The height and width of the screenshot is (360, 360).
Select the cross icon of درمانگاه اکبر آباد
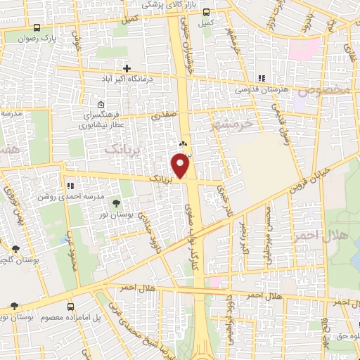127,68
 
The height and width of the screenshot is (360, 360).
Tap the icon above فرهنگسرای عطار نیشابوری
101,105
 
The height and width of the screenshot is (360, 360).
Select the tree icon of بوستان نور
116,204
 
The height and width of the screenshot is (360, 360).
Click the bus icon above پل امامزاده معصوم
71,307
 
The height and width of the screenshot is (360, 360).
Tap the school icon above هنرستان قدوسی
262,79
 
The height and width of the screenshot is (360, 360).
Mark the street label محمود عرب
70,250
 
